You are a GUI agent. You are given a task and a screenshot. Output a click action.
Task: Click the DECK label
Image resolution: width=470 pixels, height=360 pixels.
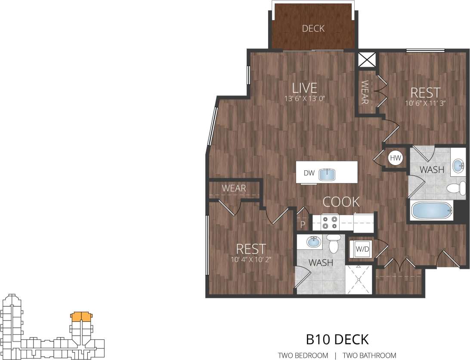point(313,29)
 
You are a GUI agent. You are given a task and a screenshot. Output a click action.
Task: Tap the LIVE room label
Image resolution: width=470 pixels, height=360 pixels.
point(304,88)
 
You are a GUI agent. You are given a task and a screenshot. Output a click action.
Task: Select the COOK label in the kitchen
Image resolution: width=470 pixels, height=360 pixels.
point(341,201)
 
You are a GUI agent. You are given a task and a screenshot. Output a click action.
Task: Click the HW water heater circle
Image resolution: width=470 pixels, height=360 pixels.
point(395,158)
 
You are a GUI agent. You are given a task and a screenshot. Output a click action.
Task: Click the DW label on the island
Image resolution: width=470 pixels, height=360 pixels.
point(309,173)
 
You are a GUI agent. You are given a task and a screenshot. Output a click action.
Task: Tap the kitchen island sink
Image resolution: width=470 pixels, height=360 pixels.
point(328,173)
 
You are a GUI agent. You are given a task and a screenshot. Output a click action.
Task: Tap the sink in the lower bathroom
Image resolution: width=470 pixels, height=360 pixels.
point(314,242)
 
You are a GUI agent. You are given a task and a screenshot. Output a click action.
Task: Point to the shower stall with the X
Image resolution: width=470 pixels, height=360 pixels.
point(358,280)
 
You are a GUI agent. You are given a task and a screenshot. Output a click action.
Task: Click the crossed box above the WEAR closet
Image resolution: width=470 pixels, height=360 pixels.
point(367,60)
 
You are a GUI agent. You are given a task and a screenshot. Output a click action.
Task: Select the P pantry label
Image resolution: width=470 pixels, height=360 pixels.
point(303,224)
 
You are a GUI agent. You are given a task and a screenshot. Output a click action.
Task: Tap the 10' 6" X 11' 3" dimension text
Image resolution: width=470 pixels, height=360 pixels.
point(425,103)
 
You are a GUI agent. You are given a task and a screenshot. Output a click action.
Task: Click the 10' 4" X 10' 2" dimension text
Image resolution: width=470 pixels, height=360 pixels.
point(250,259)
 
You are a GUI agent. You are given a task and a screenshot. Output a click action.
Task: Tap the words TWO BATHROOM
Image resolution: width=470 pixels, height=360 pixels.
point(369,355)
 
